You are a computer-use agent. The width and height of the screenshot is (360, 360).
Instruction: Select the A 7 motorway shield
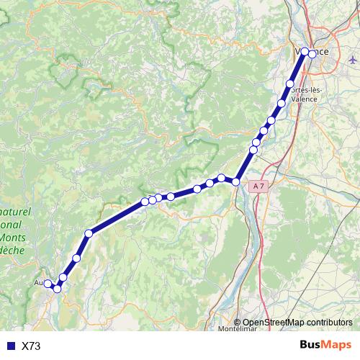[260, 186]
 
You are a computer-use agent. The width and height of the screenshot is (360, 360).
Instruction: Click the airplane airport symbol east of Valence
[351, 59]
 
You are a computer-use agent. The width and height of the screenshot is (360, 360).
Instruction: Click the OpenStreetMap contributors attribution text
[297, 323]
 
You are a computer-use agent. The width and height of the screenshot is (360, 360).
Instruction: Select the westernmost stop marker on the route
[48, 284]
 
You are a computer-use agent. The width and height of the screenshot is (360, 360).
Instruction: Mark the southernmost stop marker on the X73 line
[57, 289]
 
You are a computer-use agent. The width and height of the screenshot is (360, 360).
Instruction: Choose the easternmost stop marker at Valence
[312, 53]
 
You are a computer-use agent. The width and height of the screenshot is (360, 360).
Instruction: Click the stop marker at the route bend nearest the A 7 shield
[235, 182]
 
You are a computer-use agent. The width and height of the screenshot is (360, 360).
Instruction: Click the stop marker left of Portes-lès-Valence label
[290, 84]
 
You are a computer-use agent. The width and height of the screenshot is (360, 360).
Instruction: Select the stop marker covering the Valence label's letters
[305, 51]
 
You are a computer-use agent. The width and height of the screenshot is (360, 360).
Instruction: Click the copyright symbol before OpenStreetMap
[238, 323]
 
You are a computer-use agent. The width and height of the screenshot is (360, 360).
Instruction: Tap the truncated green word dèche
[12, 250]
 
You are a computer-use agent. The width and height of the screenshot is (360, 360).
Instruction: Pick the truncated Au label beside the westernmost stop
[38, 283]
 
